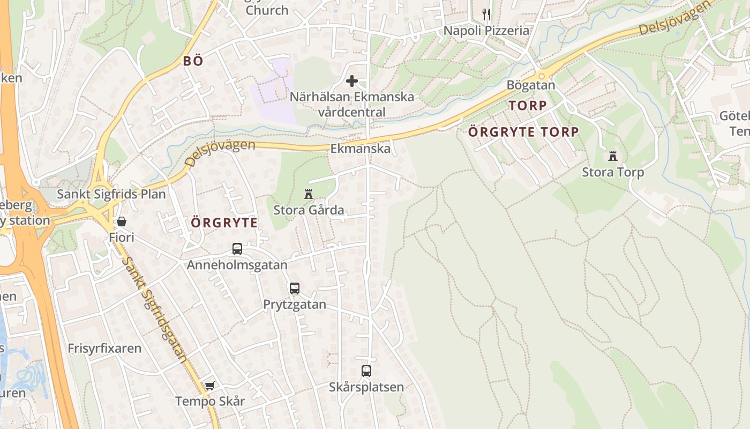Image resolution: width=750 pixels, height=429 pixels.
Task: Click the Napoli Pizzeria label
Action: click(486, 31)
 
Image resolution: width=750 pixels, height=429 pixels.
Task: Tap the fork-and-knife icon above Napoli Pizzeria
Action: click(486, 14)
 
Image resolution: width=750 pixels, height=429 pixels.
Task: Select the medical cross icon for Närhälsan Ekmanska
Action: click(352, 81)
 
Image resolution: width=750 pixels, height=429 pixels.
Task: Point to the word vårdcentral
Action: click(351, 112)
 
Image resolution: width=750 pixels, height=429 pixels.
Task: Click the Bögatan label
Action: click(531, 85)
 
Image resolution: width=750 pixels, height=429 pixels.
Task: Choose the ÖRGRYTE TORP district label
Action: click(523, 131)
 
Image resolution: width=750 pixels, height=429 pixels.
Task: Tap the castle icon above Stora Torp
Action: click(613, 156)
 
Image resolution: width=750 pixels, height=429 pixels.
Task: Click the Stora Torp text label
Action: click(613, 172)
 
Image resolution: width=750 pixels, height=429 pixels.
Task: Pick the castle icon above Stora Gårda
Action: click(308, 194)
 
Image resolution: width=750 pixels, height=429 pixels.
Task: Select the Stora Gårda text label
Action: click(309, 210)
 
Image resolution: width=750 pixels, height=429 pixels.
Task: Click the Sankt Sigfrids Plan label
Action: click(111, 194)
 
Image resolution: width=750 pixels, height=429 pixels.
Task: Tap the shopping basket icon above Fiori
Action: click(122, 221)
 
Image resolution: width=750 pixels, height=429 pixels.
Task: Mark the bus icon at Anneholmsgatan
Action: click(237, 249)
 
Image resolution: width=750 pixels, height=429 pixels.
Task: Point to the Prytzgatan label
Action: click(294, 305)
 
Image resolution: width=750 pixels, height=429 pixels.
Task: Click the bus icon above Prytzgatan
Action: click(294, 289)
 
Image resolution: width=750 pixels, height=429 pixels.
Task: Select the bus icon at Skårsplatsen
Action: click(366, 371)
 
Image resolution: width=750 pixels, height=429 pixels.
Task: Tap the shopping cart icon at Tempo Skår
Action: click(209, 386)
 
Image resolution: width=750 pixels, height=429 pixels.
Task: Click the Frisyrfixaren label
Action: click(104, 349)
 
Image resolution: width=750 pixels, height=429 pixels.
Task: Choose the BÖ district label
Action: click(193, 61)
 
